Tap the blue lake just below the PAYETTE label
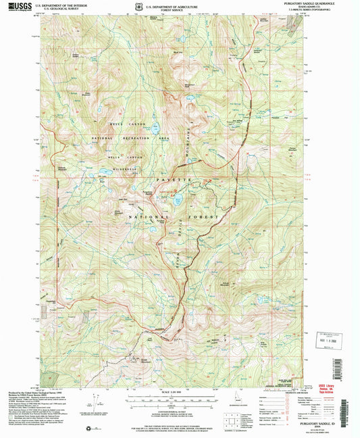tap(178, 200)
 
